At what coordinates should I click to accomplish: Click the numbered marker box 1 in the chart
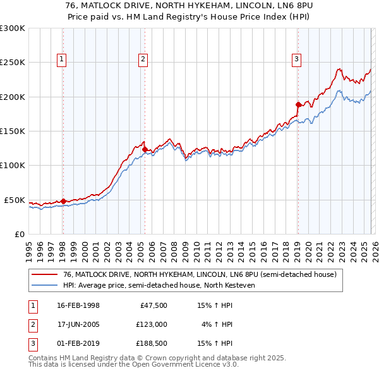(x=63, y=59)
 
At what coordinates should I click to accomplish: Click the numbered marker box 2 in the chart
(x=144, y=59)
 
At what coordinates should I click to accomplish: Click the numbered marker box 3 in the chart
(x=296, y=59)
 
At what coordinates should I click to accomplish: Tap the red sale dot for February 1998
(x=63, y=202)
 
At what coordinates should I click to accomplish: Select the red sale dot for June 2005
(x=145, y=149)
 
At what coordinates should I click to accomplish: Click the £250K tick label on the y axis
(x=13, y=63)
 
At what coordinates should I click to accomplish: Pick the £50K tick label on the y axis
(x=15, y=200)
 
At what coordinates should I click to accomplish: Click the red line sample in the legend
(x=45, y=275)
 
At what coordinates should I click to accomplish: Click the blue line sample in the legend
(x=45, y=285)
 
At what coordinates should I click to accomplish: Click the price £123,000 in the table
(x=151, y=324)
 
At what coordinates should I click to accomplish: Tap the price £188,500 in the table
(x=151, y=343)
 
